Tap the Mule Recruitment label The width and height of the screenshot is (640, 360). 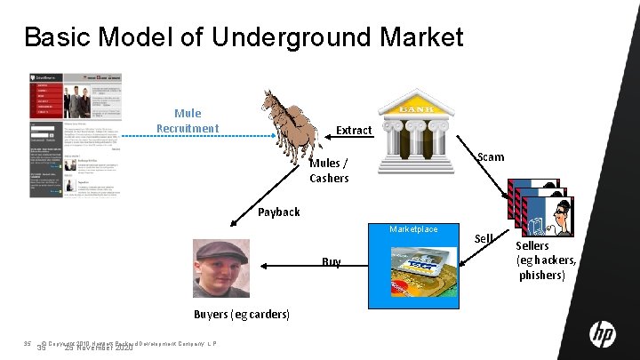(x=187, y=121)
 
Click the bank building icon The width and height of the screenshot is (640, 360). (x=421, y=130)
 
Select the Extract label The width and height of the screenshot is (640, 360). (x=354, y=131)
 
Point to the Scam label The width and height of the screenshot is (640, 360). (x=491, y=157)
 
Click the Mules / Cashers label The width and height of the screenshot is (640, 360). (x=329, y=171)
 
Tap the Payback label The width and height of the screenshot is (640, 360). (x=279, y=212)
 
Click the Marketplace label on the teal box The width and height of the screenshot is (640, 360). (x=413, y=229)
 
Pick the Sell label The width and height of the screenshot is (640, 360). (x=484, y=238)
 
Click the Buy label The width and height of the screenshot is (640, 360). (x=331, y=262)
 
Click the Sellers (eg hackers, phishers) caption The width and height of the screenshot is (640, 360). (x=546, y=260)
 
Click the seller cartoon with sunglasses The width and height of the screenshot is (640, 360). (x=560, y=214)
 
